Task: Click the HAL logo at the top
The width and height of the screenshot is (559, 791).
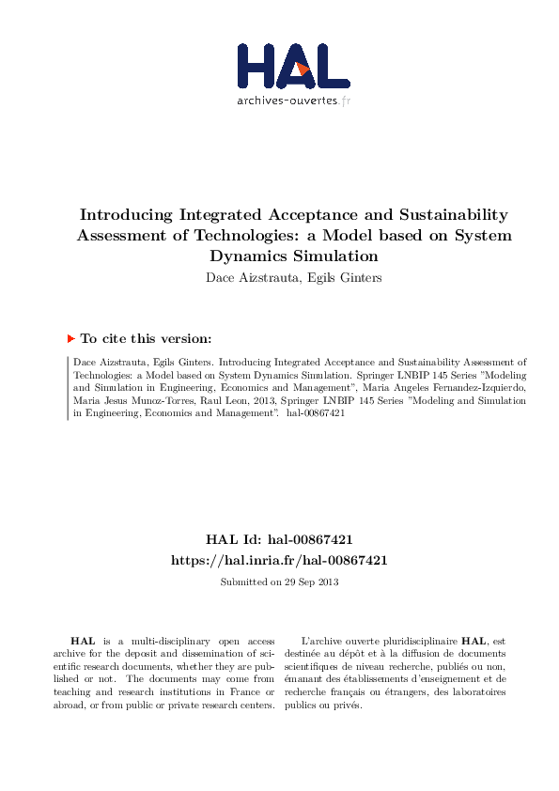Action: (x=280, y=65)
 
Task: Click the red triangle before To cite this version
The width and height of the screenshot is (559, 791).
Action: (x=70, y=338)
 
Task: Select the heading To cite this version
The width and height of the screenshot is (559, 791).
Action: (x=146, y=338)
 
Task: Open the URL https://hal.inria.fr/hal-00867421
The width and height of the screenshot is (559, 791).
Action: (x=279, y=559)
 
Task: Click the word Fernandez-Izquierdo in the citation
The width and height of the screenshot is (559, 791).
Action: (x=473, y=386)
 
